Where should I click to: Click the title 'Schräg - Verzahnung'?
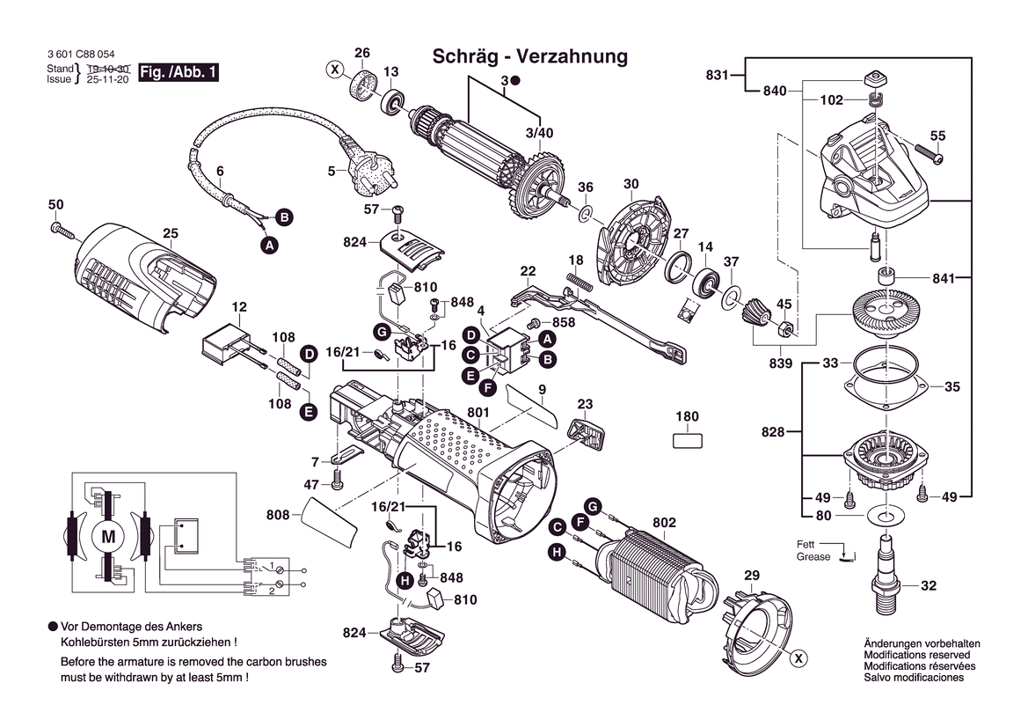click(530, 57)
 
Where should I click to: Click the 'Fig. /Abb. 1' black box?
click(179, 73)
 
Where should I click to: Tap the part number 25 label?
click(171, 233)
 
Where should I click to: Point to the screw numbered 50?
click(62, 230)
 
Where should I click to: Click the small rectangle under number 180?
click(688, 439)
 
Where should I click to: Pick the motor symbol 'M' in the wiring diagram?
click(109, 535)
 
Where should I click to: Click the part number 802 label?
click(664, 524)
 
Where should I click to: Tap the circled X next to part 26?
click(334, 69)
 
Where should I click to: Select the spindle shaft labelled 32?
click(886, 572)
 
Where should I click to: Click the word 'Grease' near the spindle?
click(813, 557)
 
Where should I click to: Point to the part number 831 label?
click(717, 76)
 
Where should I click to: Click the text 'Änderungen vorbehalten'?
click(917, 644)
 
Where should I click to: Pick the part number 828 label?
click(774, 432)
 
